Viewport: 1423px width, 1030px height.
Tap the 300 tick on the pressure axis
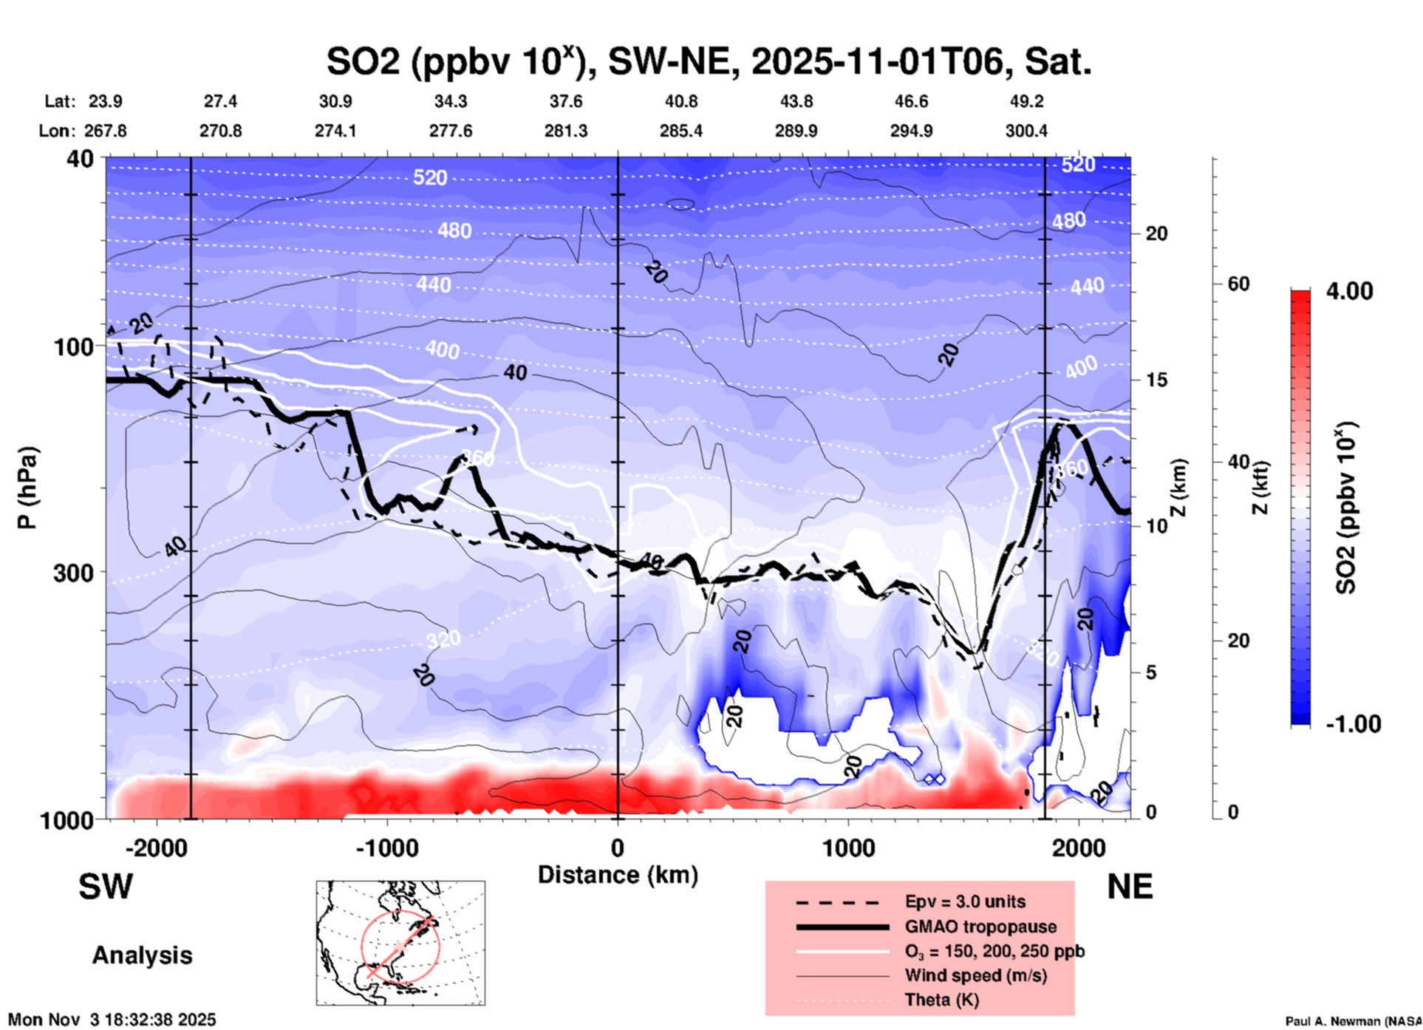pos(74,573)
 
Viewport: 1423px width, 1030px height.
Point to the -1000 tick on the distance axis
pos(386,847)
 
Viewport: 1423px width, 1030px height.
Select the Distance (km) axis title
pos(618,875)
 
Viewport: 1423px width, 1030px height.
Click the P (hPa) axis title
pos(27,488)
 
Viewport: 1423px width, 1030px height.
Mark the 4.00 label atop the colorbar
pos(1349,291)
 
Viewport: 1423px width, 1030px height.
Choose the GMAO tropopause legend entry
pos(980,927)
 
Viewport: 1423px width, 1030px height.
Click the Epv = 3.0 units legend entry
pos(965,901)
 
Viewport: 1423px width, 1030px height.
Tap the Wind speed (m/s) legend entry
pos(975,975)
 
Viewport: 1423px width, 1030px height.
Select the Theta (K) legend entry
pos(941,1000)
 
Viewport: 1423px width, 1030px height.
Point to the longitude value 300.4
pos(1026,131)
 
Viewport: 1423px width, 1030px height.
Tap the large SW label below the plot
pos(106,887)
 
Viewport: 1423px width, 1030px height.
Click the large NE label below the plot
pos(1130,887)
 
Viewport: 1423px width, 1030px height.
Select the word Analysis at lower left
pos(142,955)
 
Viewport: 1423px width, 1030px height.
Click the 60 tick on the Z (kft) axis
pos(1238,284)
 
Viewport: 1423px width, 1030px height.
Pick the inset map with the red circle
pos(400,943)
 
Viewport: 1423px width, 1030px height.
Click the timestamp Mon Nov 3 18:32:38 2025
pos(112,1020)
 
